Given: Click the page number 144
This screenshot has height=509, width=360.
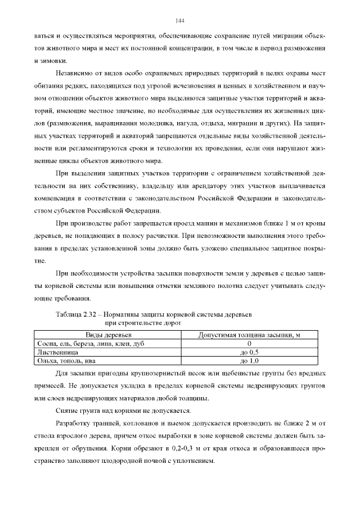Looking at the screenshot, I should pos(180,20).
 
